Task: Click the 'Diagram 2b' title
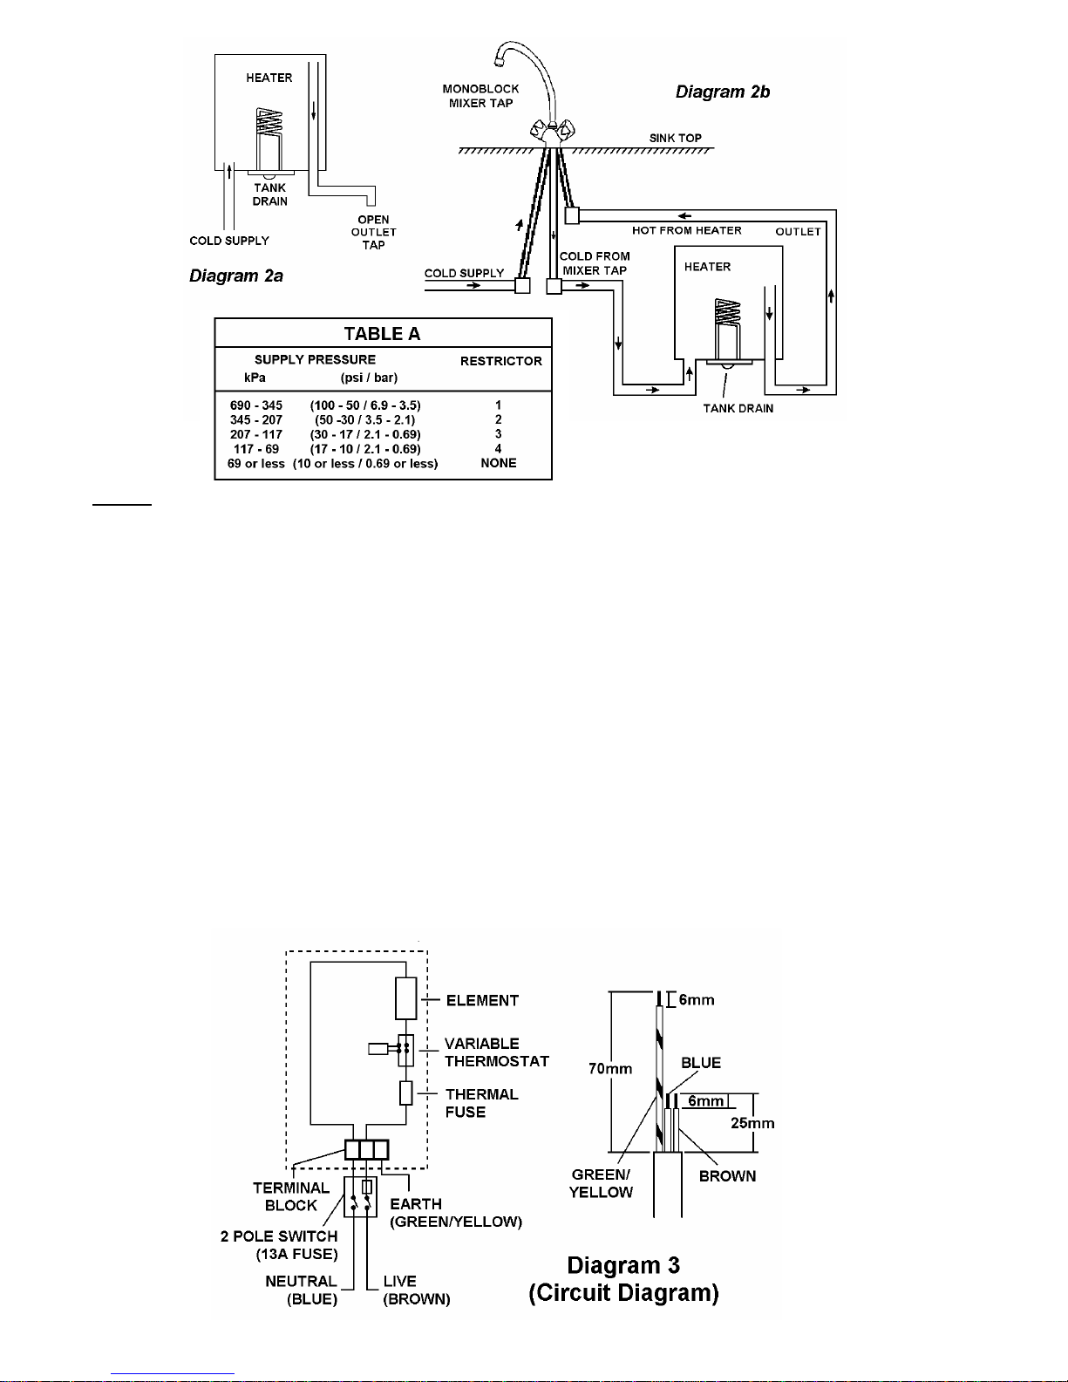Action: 722,92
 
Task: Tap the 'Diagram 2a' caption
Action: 236,276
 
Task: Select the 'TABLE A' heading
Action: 382,334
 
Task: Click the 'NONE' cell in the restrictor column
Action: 499,463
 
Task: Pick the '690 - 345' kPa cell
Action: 256,405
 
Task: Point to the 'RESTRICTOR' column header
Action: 501,361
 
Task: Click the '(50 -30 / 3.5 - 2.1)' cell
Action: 365,419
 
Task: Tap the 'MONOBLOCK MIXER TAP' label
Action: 480,96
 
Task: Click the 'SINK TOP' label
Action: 675,138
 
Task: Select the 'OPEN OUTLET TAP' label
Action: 374,232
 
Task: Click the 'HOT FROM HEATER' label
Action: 687,230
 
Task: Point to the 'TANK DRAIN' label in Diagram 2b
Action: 738,408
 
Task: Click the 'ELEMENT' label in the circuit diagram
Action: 482,1000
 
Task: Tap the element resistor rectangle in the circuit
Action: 406,998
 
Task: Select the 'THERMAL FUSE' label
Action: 482,1103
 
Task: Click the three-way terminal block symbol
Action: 367,1150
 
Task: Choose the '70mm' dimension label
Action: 610,1068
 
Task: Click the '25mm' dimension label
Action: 752,1123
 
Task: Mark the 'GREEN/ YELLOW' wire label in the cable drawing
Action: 601,1183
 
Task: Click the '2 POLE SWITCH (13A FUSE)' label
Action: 279,1245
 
